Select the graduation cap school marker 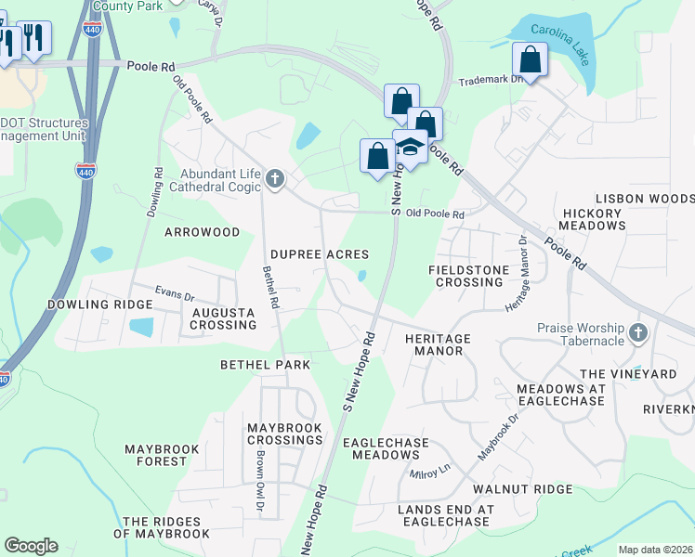(410, 146)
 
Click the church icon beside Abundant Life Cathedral (274, 177)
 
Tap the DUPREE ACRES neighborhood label (320, 254)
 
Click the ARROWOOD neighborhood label (202, 232)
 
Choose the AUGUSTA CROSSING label (223, 319)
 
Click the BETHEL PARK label (266, 365)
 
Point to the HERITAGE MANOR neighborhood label (438, 345)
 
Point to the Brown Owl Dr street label (260, 481)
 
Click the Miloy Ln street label (430, 473)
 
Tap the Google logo (31, 546)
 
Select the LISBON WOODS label (644, 199)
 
